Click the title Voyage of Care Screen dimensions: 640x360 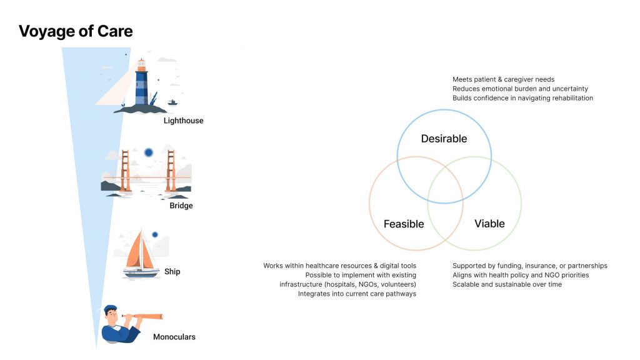[x=76, y=31]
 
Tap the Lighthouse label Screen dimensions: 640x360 [x=183, y=121]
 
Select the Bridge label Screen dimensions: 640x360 [x=181, y=206]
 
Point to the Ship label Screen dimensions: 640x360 [x=172, y=272]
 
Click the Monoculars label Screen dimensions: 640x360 [x=174, y=337]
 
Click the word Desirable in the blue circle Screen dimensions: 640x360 [x=444, y=139]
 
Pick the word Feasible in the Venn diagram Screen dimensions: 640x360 [x=404, y=224]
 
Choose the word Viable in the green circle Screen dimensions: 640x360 [x=489, y=224]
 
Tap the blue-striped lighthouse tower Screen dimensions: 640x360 [x=142, y=83]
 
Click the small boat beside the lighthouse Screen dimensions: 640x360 [x=172, y=102]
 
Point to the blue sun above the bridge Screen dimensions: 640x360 [x=149, y=152]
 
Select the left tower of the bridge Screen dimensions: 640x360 [x=125, y=171]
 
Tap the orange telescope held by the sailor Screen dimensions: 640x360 [x=143, y=316]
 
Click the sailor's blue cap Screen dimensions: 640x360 [x=110, y=309]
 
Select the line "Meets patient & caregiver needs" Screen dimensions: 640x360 [x=503, y=79]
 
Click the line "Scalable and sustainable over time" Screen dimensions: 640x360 [x=507, y=284]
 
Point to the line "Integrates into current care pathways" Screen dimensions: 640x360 [x=357, y=294]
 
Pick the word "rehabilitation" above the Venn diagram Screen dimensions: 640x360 [x=572, y=98]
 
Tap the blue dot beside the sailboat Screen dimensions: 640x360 [x=155, y=235]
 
